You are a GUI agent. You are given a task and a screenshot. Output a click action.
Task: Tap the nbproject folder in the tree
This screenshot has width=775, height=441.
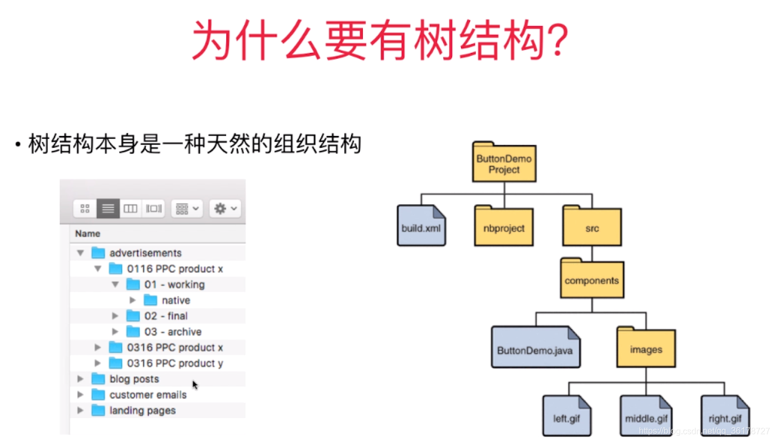point(504,227)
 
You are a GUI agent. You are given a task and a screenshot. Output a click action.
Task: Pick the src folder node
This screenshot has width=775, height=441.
point(592,227)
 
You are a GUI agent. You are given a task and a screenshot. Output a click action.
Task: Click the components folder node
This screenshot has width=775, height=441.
point(592,279)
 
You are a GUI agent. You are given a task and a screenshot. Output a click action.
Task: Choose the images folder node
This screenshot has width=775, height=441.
point(646,348)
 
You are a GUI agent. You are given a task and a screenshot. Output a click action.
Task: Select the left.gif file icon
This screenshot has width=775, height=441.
point(566,416)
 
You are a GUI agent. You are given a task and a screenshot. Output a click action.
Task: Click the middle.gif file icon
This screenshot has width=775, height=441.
point(646,416)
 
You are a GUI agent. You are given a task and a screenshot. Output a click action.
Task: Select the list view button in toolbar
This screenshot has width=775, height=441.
point(108,208)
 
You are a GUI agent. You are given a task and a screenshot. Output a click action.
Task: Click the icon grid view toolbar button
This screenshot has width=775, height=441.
point(85,208)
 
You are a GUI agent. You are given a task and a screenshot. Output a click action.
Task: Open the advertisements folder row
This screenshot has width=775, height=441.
point(145,253)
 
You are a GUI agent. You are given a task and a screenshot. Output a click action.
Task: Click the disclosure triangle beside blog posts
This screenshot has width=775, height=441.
point(80,379)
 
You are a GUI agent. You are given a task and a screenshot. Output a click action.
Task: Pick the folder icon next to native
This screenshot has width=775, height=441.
point(151,300)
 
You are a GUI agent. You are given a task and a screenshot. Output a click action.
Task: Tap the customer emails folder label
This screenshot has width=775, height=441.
point(148,395)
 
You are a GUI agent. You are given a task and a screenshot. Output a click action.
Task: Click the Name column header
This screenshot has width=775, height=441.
point(87,233)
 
